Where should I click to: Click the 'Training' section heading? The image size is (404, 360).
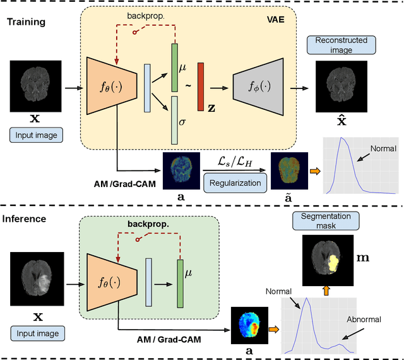click(x=27, y=21)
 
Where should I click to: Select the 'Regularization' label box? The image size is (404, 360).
click(x=235, y=183)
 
